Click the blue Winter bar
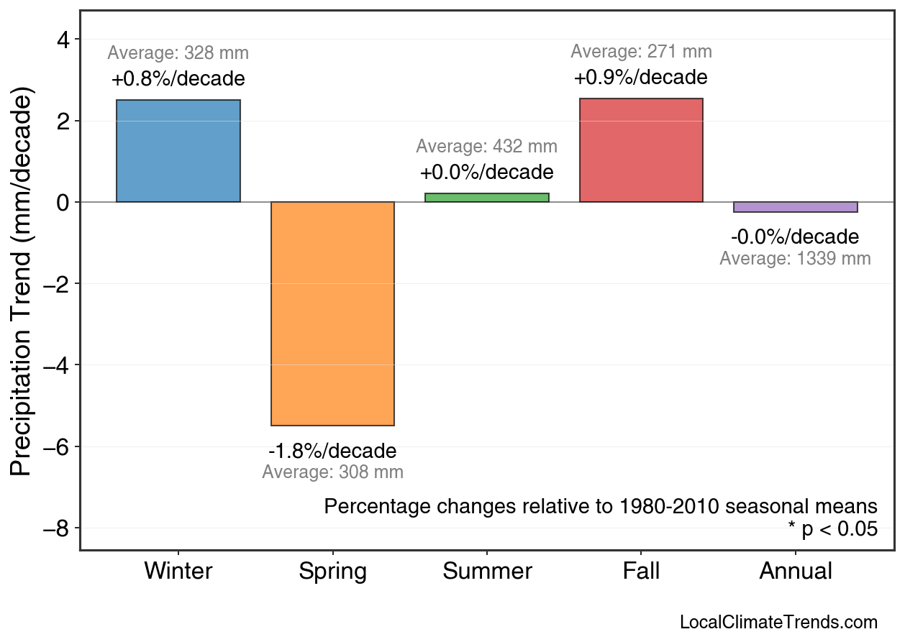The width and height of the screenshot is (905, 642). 178,151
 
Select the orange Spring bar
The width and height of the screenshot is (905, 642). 332,313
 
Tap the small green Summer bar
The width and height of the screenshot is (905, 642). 487,198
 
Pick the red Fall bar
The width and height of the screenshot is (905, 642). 641,150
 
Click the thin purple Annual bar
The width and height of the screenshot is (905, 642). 795,207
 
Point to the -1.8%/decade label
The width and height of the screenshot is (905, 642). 332,451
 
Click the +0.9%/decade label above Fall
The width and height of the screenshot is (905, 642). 641,77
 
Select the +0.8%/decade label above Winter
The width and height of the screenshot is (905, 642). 178,78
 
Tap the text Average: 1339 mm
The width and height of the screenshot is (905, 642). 795,259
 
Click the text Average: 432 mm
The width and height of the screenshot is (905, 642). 487,147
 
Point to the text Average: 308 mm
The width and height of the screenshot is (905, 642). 332,472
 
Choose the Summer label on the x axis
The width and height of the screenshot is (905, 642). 487,572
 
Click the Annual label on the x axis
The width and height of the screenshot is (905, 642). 796,572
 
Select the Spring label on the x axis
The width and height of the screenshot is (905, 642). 332,572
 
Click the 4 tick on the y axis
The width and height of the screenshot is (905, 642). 63,40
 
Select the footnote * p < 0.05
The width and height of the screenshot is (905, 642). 832,529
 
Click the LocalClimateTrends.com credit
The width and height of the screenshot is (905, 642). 778,622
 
